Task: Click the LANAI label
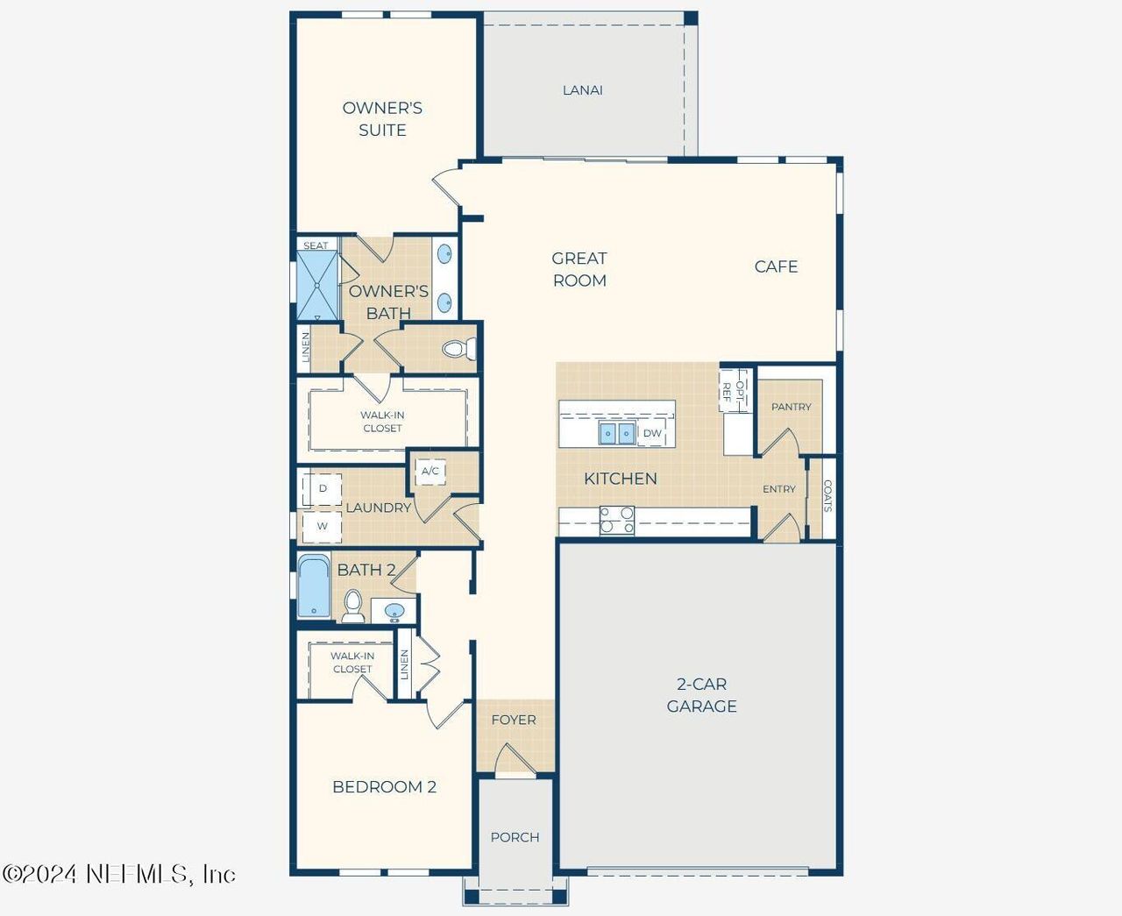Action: click(582, 90)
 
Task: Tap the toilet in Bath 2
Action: click(353, 605)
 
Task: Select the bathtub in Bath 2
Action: click(313, 586)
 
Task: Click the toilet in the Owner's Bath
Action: click(458, 349)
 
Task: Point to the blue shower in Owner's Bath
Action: click(316, 286)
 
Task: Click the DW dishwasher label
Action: click(652, 433)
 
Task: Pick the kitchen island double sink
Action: click(617, 433)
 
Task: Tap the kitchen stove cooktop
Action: click(617, 520)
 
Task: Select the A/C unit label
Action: click(430, 472)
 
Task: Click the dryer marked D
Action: click(323, 488)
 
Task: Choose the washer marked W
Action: click(323, 526)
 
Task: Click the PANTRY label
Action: click(791, 407)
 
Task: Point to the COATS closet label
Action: click(827, 496)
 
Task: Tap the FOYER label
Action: click(514, 720)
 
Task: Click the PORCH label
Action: click(515, 837)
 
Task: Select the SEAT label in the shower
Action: click(316, 245)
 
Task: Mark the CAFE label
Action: click(776, 266)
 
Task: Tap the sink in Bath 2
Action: click(394, 611)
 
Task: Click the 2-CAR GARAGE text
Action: click(701, 695)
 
